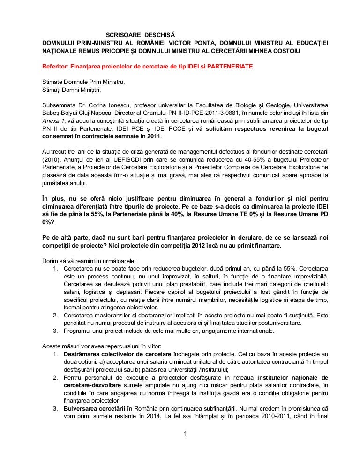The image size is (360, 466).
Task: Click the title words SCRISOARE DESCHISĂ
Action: tap(139, 35)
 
